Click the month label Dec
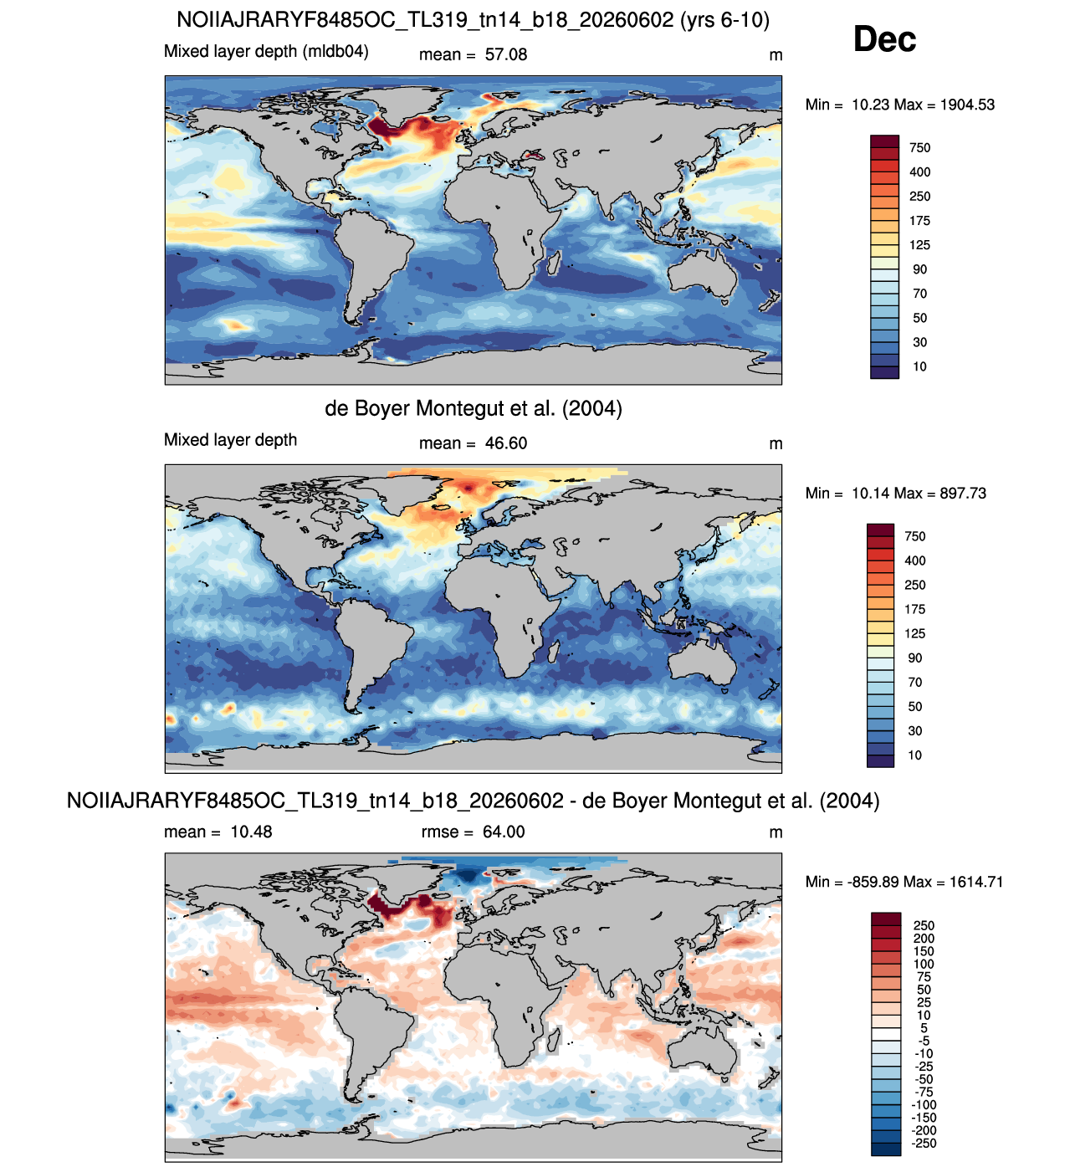884,39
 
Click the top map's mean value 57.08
506,54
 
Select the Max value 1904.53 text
967,105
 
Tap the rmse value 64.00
504,832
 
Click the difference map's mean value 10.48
251,832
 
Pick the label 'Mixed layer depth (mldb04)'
266,51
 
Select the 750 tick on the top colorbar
919,148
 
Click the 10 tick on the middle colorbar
914,755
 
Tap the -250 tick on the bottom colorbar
924,1143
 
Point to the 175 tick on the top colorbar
919,221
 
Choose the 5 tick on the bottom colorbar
924,1028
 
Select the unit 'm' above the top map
776,55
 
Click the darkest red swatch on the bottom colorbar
885,919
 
